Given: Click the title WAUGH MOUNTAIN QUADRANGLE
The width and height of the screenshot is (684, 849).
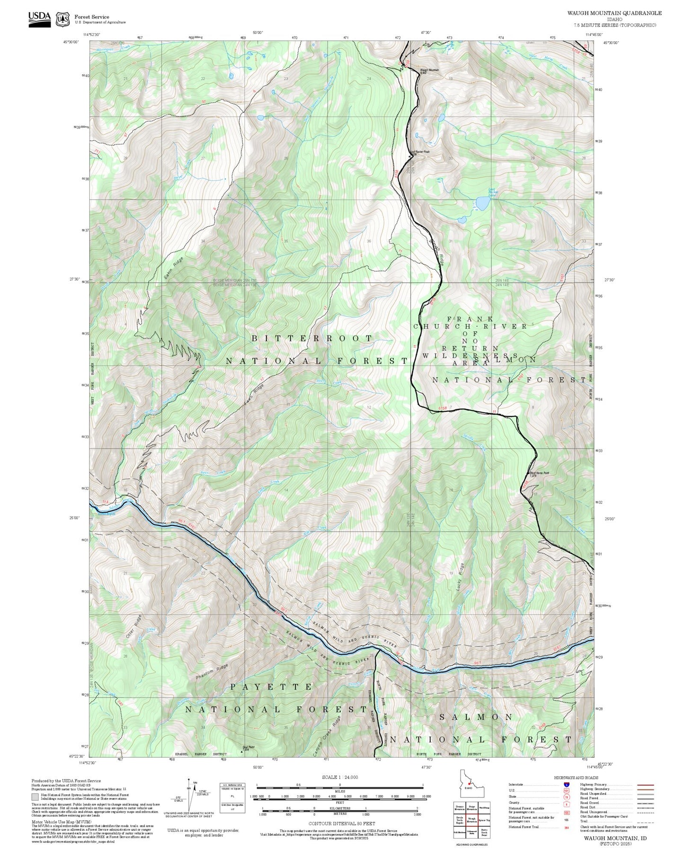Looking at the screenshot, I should pyautogui.click(x=614, y=13).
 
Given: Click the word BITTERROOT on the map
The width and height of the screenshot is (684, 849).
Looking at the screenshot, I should pyautogui.click(x=312, y=338).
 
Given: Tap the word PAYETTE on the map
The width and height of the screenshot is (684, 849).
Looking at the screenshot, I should pyautogui.click(x=271, y=687).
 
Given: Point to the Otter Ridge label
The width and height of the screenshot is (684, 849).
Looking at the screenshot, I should pyautogui.click(x=134, y=627).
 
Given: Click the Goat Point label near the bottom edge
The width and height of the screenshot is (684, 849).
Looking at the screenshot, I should pyautogui.click(x=249, y=748).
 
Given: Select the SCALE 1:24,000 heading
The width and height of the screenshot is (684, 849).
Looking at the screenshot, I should pyautogui.click(x=339, y=777).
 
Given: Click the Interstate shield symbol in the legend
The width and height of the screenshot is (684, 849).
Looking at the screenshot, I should pyautogui.click(x=566, y=785).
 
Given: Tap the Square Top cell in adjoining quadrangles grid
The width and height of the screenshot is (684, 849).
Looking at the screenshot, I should pyautogui.click(x=484, y=821).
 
